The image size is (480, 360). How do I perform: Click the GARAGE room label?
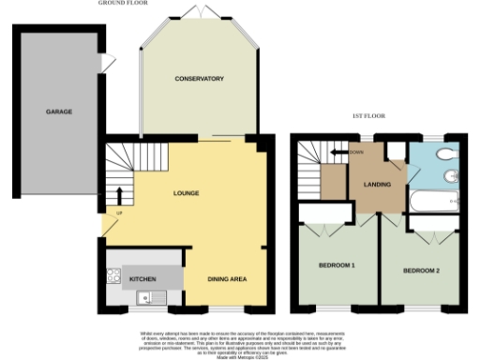[59, 112]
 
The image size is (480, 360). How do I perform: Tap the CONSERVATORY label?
[199, 79]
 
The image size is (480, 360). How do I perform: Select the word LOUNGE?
[187, 193]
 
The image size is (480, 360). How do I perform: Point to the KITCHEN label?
[142, 279]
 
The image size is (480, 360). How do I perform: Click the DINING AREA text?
[227, 279]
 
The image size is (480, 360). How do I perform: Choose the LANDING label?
[376, 183]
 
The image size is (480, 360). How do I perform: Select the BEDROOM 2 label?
[421, 272]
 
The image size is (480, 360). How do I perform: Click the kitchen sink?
[144, 299]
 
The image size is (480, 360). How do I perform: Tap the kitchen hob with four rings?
[114, 277]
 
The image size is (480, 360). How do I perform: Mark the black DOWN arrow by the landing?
[335, 152]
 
